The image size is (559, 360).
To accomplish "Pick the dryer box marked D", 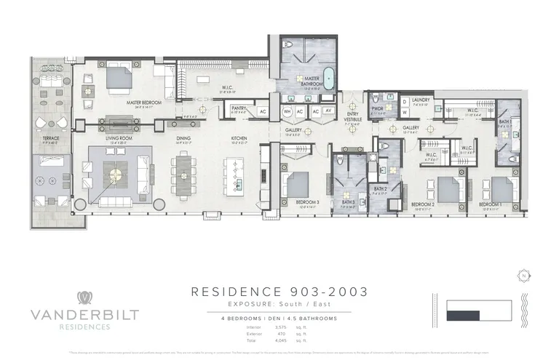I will pos(405,103).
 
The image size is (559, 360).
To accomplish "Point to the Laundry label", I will pos(421,100).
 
